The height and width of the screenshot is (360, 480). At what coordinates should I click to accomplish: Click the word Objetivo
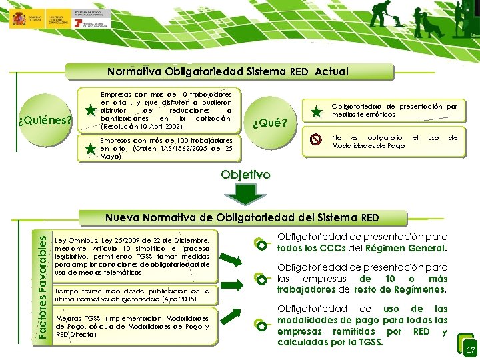tap(246, 175)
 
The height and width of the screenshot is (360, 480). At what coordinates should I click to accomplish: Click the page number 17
tap(470, 350)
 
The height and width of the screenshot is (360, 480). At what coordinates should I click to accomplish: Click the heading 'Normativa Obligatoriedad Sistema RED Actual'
tap(228, 71)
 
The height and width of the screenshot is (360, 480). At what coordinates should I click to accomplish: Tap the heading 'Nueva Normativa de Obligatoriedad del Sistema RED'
tap(242, 217)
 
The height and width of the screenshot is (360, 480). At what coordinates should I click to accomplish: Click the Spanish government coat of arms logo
tap(18, 18)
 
